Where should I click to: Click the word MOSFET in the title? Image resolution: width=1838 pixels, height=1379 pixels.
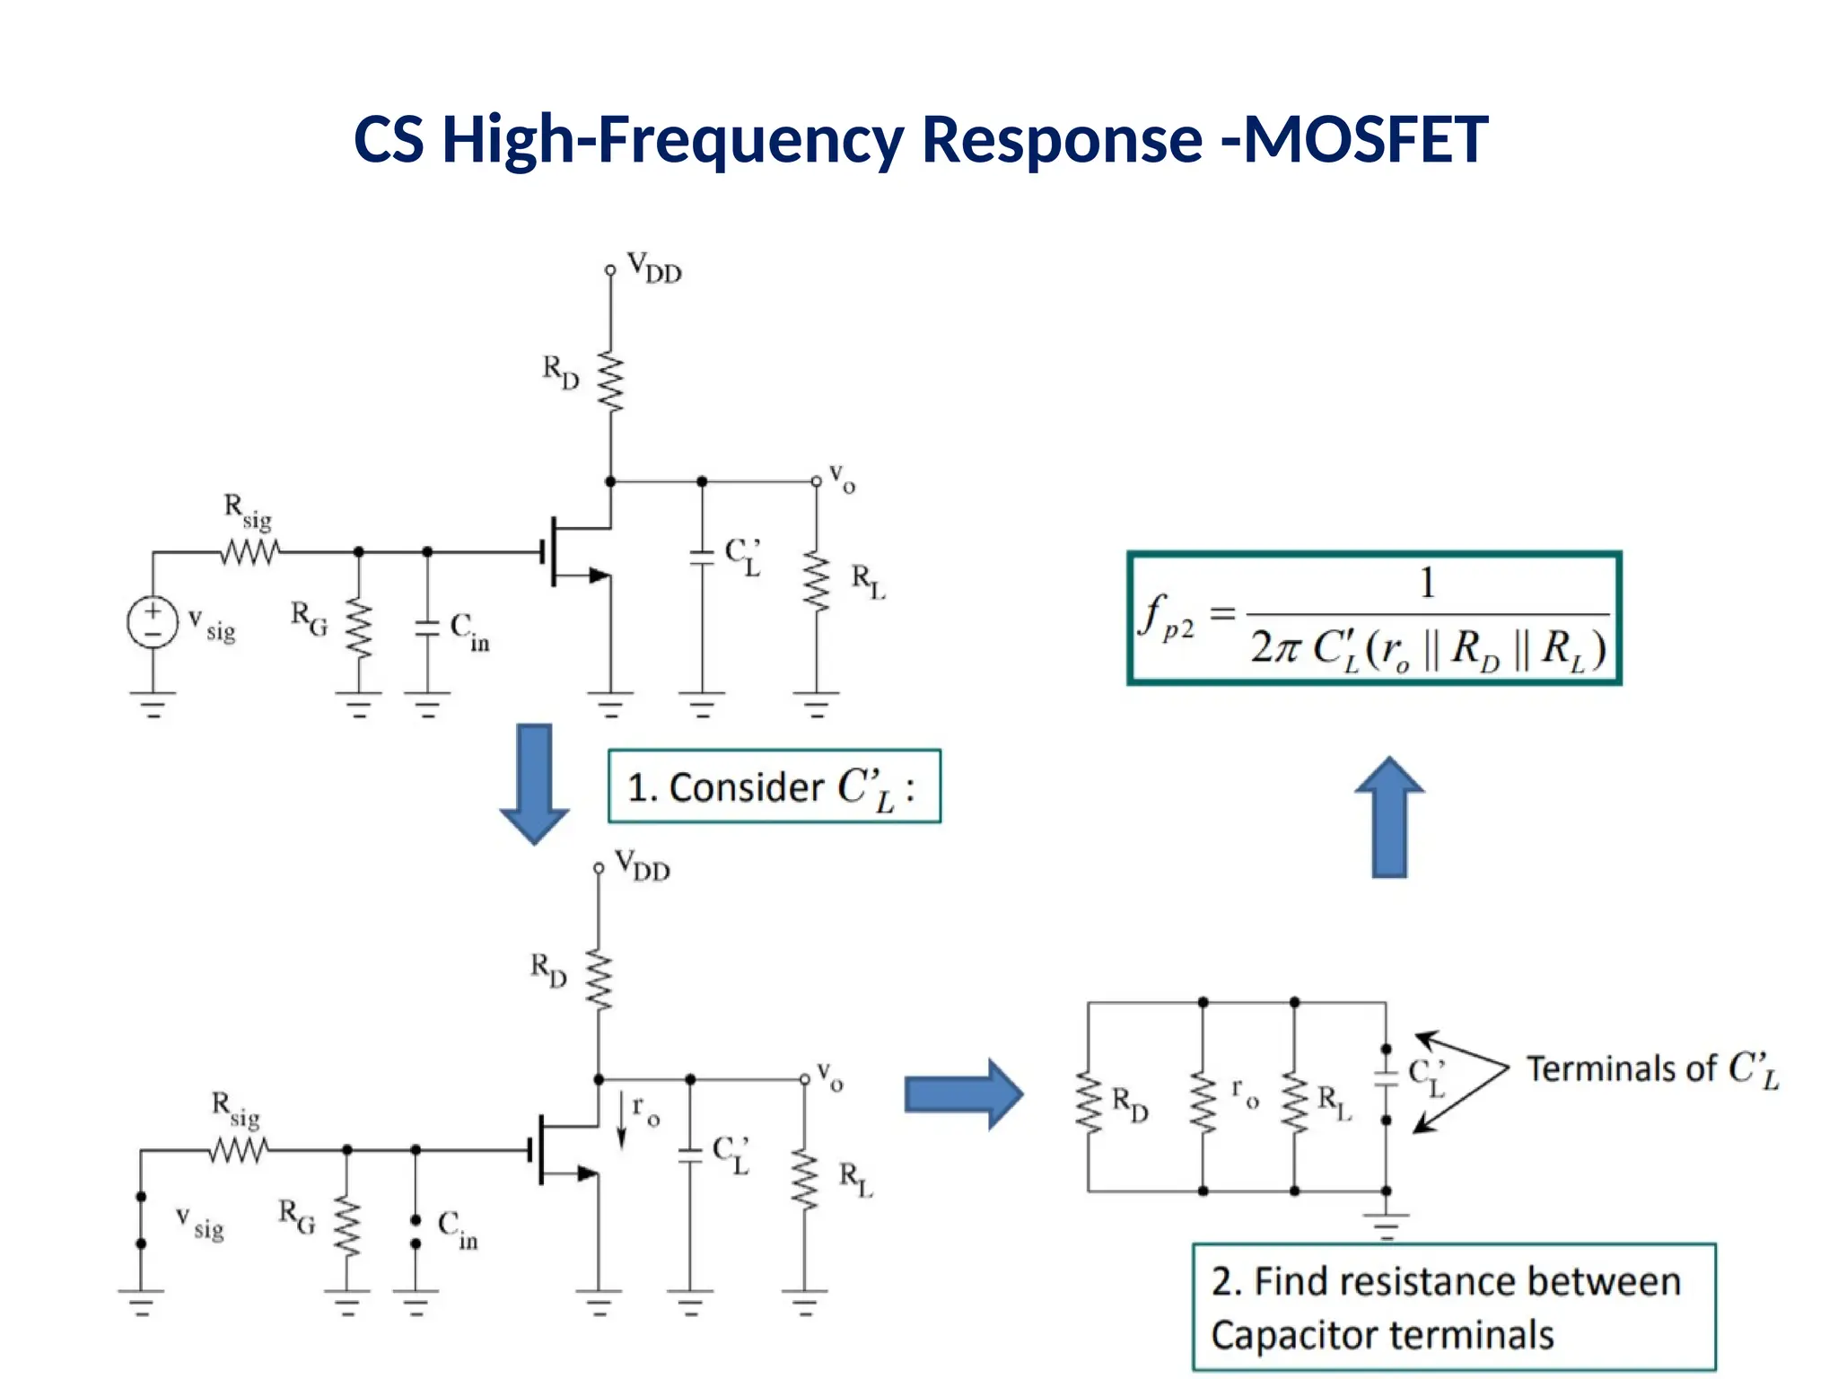click(x=1365, y=140)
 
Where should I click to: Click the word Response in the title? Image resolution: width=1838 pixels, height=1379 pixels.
click(x=1062, y=140)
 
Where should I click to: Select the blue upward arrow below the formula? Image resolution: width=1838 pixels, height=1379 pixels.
click(x=1389, y=817)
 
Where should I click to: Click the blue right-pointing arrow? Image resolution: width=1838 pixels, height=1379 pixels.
click(x=963, y=1094)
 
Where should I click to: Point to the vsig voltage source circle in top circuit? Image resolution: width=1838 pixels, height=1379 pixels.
click(x=153, y=622)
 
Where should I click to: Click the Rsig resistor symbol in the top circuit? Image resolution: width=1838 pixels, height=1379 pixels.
click(x=250, y=551)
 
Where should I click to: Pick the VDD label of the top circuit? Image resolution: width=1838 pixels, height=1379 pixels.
click(x=654, y=268)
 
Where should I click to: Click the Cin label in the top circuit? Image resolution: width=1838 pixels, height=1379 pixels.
click(x=469, y=631)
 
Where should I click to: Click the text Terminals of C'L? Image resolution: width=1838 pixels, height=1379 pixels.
click(x=1651, y=1069)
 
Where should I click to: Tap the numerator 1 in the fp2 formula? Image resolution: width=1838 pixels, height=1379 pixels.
click(x=1427, y=584)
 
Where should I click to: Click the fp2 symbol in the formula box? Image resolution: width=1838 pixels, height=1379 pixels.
click(x=1166, y=617)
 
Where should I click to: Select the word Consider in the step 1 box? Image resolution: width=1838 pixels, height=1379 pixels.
click(x=746, y=787)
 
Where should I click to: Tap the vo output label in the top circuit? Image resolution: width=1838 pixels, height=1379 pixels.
click(x=842, y=479)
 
